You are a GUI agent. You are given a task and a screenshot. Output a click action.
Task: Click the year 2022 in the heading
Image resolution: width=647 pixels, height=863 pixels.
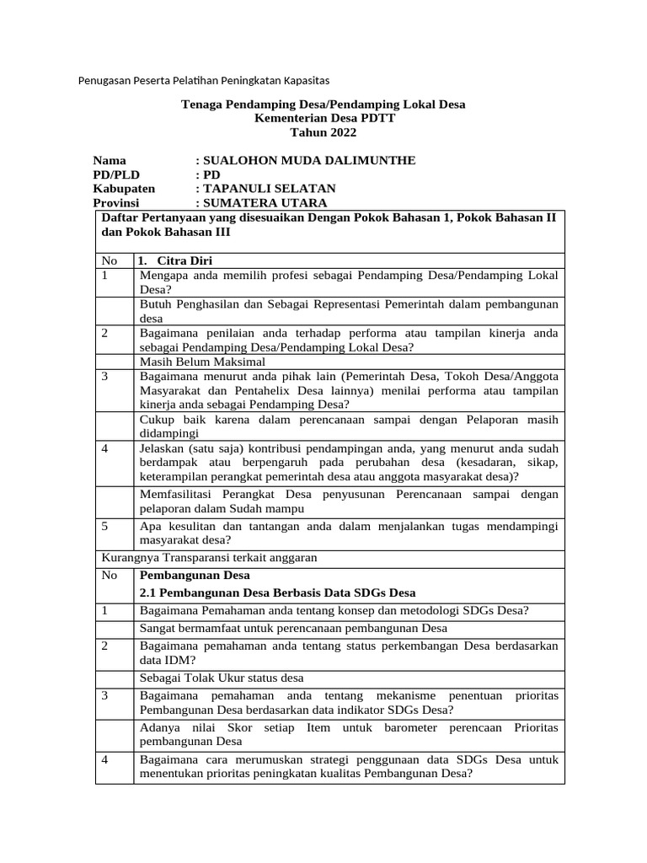coord(339,132)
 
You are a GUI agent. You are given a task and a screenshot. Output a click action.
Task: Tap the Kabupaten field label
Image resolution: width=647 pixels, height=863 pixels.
coord(124,188)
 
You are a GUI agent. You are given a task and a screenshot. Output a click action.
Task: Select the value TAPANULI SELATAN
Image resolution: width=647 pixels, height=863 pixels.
coord(269,188)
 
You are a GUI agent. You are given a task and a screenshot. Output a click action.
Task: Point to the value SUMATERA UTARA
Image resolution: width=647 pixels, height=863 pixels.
coord(265,202)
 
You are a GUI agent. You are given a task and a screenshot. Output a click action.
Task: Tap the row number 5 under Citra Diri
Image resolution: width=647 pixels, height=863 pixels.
coord(104,526)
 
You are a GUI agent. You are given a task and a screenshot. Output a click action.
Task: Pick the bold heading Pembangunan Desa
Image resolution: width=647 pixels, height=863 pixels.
coord(195,576)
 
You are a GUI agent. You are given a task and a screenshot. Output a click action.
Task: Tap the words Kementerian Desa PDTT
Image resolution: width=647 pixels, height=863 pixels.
coord(323,118)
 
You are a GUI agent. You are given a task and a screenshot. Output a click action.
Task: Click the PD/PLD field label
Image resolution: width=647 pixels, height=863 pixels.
coord(116,174)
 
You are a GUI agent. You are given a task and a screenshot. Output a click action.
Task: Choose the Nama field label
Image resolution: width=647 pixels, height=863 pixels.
coord(110,160)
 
